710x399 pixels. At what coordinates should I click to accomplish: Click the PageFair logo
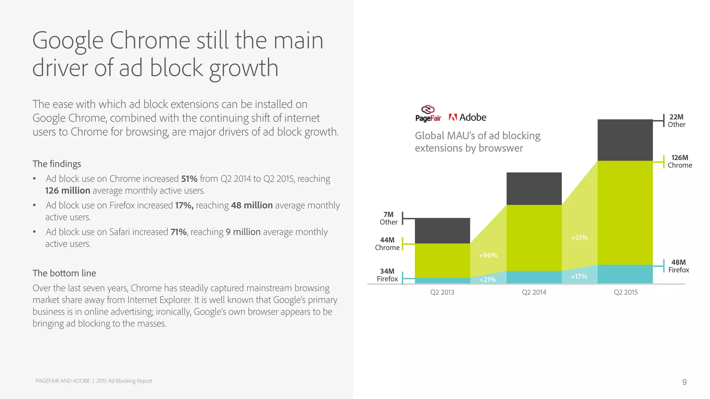pyautogui.click(x=428, y=114)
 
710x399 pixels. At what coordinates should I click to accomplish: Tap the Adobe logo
pyautogui.click(x=467, y=117)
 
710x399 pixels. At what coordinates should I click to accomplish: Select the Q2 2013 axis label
pyautogui.click(x=442, y=292)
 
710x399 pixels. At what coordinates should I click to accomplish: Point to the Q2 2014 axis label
pyautogui.click(x=534, y=292)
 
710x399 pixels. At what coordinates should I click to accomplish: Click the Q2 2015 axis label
pyautogui.click(x=625, y=292)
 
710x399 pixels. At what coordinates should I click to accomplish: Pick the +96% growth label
pyautogui.click(x=488, y=255)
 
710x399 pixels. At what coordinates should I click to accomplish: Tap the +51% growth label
pyautogui.click(x=579, y=238)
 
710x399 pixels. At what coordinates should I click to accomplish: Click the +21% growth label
pyautogui.click(x=487, y=280)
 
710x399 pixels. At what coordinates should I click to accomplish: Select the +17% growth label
pyautogui.click(x=579, y=277)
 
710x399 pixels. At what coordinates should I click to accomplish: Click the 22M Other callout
pyautogui.click(x=676, y=121)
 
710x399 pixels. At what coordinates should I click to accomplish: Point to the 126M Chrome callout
pyautogui.click(x=679, y=161)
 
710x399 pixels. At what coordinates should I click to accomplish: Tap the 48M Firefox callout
pyautogui.click(x=678, y=266)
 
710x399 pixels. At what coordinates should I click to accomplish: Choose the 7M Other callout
pyautogui.click(x=389, y=219)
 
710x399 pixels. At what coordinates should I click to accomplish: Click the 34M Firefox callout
pyautogui.click(x=387, y=275)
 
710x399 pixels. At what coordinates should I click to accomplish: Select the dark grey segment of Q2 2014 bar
pyautogui.click(x=534, y=188)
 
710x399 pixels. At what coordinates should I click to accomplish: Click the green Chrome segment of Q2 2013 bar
pyautogui.click(x=442, y=260)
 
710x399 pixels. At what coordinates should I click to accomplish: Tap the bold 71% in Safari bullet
pyautogui.click(x=179, y=232)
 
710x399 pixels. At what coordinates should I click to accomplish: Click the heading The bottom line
pyautogui.click(x=64, y=273)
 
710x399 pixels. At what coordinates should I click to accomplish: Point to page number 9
pyautogui.click(x=684, y=382)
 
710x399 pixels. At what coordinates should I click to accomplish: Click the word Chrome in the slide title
pyautogui.click(x=150, y=41)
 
